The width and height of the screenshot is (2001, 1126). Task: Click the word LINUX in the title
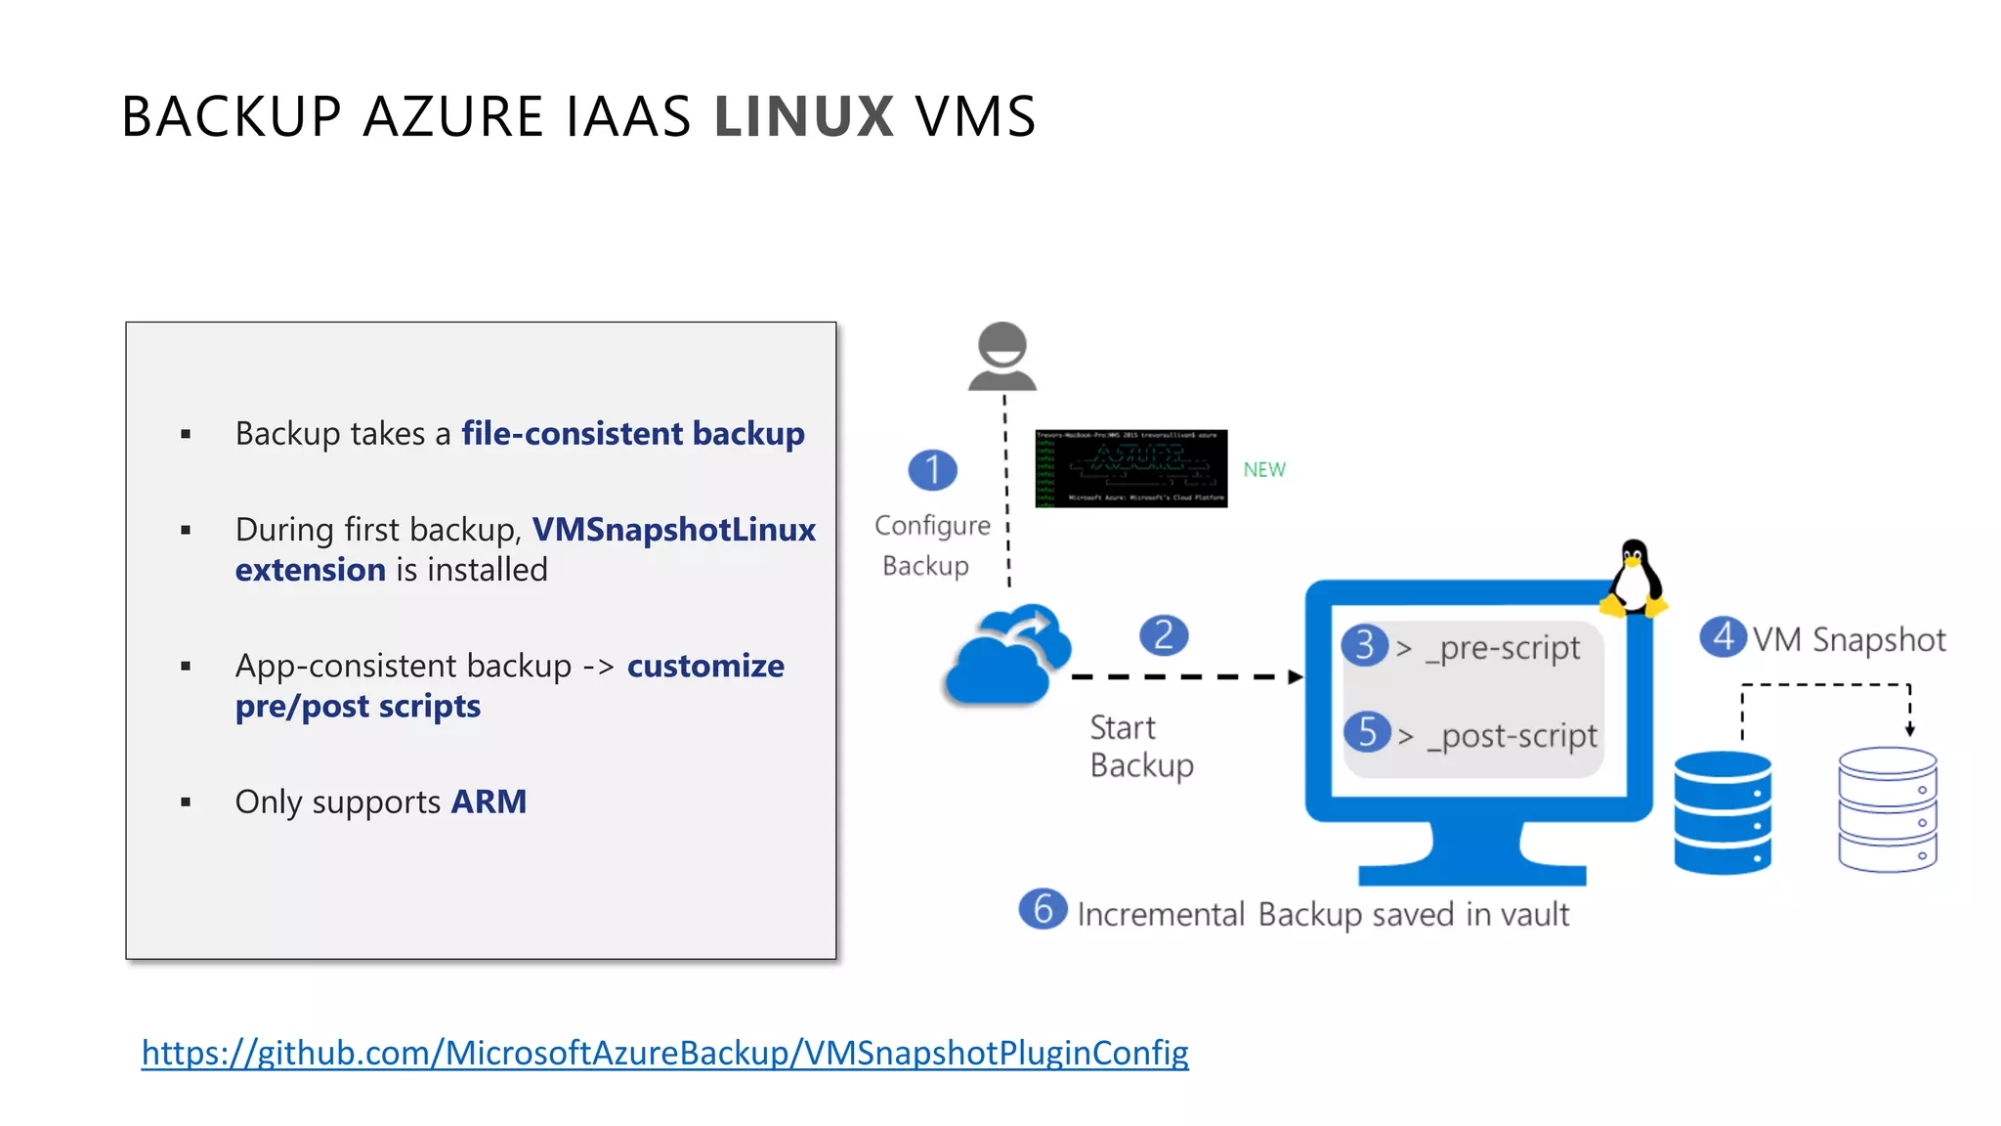click(803, 116)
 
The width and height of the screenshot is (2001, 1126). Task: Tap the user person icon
click(1002, 357)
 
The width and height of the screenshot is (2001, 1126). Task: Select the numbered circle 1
click(932, 470)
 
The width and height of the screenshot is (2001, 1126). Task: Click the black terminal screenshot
click(1130, 468)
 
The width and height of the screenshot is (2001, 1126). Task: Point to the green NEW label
click(1264, 470)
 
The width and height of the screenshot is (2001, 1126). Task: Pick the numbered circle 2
click(1164, 635)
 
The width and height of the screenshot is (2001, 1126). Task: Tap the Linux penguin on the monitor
click(1635, 580)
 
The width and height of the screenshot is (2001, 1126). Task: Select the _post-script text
click(1512, 736)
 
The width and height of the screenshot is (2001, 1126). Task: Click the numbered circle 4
click(1723, 637)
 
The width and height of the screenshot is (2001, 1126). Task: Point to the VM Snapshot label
click(1849, 640)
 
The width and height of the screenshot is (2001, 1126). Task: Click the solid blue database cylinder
click(1723, 812)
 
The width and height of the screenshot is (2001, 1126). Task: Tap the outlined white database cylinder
click(1887, 809)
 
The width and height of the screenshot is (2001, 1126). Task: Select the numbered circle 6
click(1043, 909)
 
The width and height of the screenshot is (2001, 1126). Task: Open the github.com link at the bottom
click(664, 1053)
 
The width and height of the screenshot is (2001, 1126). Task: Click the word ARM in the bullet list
click(489, 802)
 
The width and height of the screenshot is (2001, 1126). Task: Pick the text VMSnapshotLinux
click(674, 530)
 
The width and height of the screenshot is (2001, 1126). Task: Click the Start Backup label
click(1140, 747)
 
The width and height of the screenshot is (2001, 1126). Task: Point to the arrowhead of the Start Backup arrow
click(1296, 676)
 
